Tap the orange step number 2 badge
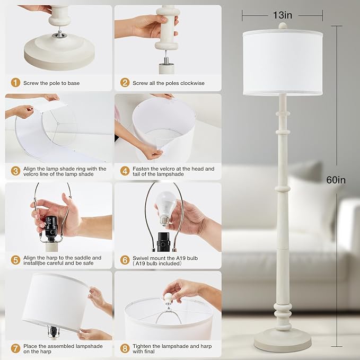(x=125, y=83)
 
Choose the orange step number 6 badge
(x=125, y=260)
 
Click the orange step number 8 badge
(x=125, y=349)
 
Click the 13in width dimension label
(x=282, y=15)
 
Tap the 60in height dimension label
(x=336, y=180)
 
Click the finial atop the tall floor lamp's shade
(x=282, y=25)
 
